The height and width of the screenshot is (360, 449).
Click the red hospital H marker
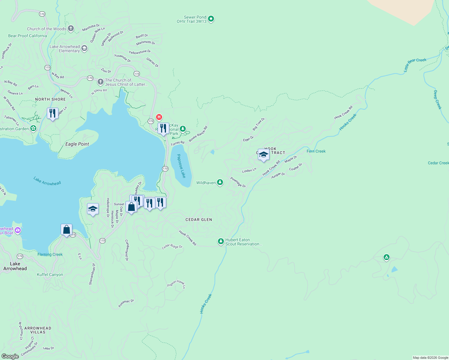point(159,117)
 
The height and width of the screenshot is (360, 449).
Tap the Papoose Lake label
point(181,166)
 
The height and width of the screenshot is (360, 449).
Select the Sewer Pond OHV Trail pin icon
point(211,19)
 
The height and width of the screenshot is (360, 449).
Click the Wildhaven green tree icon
point(220,182)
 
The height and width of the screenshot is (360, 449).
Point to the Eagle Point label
point(77,144)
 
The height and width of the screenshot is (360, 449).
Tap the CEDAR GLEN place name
point(199,220)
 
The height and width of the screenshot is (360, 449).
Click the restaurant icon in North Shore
point(53,113)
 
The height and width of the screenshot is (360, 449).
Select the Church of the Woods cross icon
point(71,28)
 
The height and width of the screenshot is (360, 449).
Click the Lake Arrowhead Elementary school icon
point(85,48)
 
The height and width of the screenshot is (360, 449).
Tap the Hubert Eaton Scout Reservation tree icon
point(221,241)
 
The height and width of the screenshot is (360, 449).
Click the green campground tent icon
point(386,257)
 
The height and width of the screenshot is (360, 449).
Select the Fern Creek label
point(316,151)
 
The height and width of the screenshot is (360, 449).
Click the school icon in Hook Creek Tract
point(264,154)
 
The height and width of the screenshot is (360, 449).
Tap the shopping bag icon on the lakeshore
point(66,230)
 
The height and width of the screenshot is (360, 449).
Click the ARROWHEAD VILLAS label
point(38,330)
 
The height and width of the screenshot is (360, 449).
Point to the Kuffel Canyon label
point(50,274)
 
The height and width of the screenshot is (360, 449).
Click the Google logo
point(10,356)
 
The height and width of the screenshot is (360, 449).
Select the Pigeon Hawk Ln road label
point(176,284)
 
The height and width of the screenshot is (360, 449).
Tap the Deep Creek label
point(437,100)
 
